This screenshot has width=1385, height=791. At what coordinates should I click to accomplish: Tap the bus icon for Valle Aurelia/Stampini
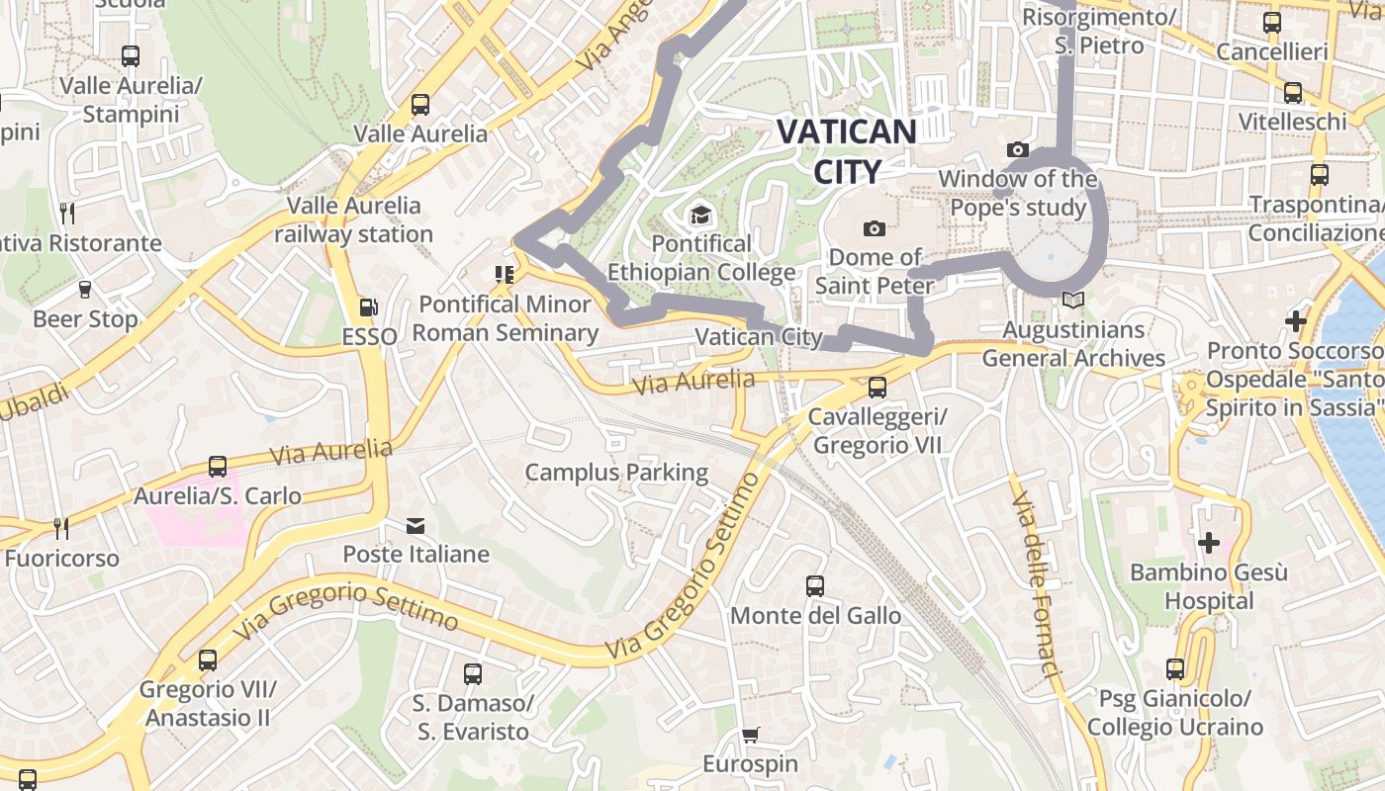click(131, 56)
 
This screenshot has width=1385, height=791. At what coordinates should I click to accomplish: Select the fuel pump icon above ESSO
click(368, 308)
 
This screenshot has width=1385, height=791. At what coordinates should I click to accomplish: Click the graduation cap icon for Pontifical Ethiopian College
click(700, 215)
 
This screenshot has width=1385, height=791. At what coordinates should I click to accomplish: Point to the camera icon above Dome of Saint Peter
click(874, 228)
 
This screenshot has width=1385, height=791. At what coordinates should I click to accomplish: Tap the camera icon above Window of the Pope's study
click(1017, 150)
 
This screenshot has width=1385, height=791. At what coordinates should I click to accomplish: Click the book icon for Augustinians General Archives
click(1073, 300)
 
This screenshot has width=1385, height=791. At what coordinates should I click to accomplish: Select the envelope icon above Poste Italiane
click(415, 525)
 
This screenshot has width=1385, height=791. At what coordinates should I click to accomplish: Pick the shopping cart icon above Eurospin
click(750, 735)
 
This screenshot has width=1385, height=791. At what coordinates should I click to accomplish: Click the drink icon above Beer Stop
click(85, 290)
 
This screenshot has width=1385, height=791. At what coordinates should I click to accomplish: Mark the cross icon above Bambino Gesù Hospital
click(1208, 543)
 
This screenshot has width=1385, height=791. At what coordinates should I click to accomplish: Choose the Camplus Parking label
click(616, 473)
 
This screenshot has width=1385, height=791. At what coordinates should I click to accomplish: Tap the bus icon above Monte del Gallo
click(815, 586)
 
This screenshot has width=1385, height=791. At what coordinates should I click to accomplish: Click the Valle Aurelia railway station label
click(353, 220)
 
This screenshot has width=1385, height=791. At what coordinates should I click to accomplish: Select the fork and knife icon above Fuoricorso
click(60, 528)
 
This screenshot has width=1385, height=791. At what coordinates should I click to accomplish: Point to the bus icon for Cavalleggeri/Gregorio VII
click(877, 387)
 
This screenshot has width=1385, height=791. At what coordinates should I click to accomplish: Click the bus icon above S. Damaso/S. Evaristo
click(473, 674)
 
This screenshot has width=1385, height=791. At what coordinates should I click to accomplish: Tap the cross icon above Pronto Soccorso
click(1295, 321)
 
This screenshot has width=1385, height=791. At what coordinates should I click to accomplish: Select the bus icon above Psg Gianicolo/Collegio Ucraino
click(1175, 669)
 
